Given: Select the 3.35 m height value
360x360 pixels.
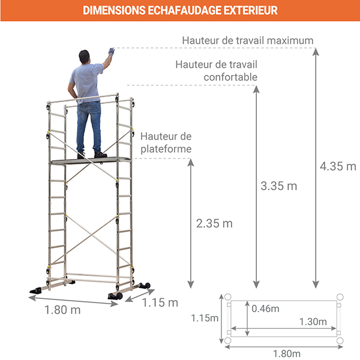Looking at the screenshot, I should click(x=280, y=185).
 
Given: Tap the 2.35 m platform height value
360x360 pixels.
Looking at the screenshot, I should click(x=214, y=223).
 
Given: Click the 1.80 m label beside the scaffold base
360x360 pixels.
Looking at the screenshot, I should click(x=62, y=310).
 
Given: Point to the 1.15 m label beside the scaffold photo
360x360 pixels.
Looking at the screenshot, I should click(x=160, y=303).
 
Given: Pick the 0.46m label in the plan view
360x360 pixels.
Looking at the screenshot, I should click(x=266, y=308).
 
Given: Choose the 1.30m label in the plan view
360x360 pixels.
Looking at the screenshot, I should click(x=313, y=322).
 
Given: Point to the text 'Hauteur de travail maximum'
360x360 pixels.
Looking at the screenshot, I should click(x=248, y=41).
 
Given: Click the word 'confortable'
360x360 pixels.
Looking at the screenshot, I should click(x=230, y=77).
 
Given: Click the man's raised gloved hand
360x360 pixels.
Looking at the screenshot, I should click(x=111, y=52).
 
